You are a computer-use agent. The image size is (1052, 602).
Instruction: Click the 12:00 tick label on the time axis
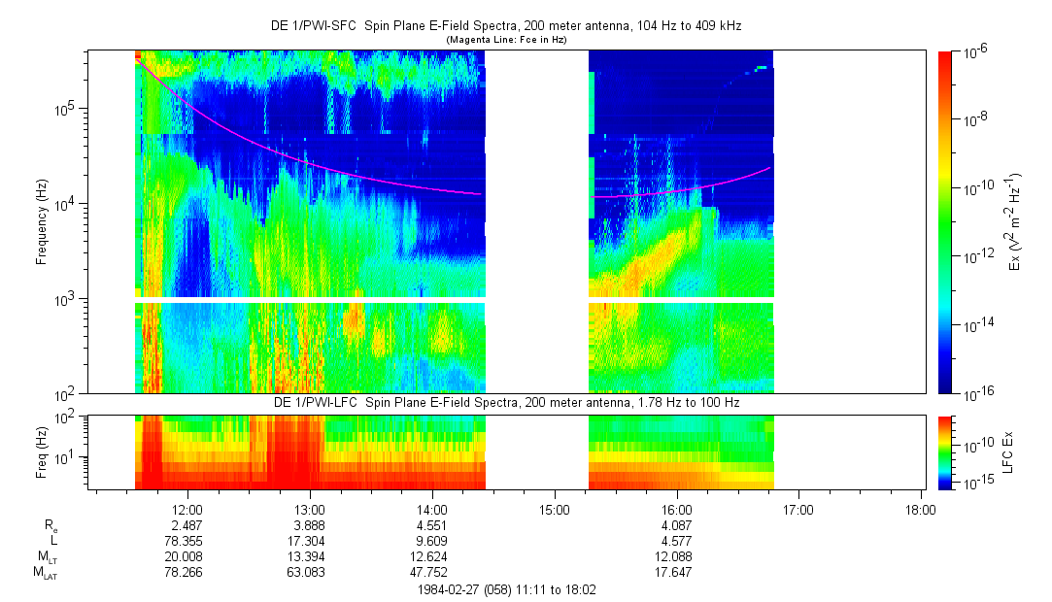[x=187, y=509]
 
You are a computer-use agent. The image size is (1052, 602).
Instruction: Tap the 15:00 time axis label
[x=554, y=509]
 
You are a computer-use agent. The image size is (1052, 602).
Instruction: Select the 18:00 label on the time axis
[x=920, y=509]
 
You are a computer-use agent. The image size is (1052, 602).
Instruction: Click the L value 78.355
[x=187, y=542]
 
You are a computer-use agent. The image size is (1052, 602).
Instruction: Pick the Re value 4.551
[x=431, y=525]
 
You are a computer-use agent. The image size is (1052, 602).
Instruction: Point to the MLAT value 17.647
[x=676, y=573]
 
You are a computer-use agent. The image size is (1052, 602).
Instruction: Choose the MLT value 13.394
[x=309, y=557]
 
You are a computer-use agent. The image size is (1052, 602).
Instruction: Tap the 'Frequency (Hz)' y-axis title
[x=42, y=221]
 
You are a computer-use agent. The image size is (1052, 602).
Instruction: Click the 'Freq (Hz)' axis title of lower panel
[x=42, y=452]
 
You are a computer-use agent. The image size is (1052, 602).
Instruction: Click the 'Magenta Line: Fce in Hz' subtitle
[x=505, y=40]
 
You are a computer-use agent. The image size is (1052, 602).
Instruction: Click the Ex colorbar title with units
[x=1016, y=221]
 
